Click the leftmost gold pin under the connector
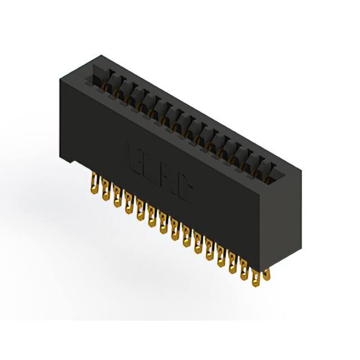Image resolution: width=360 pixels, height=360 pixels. (93, 183)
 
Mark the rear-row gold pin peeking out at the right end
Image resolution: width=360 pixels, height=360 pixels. (267, 274)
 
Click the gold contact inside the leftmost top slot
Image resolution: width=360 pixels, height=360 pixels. (103, 83)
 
